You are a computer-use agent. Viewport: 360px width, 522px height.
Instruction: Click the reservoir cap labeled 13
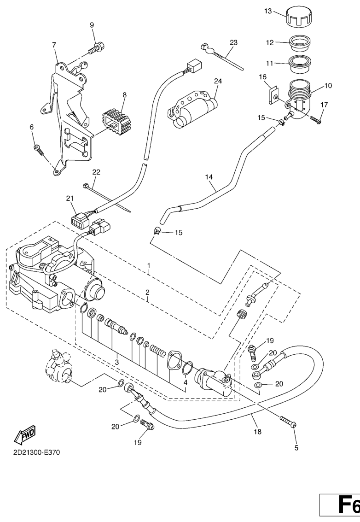300,19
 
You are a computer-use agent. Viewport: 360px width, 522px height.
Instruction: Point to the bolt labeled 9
97,47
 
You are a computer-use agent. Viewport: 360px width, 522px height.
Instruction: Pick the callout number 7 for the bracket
54,45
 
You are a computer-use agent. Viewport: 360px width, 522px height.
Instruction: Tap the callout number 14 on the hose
209,176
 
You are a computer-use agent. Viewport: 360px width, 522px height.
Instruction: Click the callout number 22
96,172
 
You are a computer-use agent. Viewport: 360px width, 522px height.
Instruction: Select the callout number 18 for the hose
257,432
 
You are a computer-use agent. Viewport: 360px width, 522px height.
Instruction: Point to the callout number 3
117,362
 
